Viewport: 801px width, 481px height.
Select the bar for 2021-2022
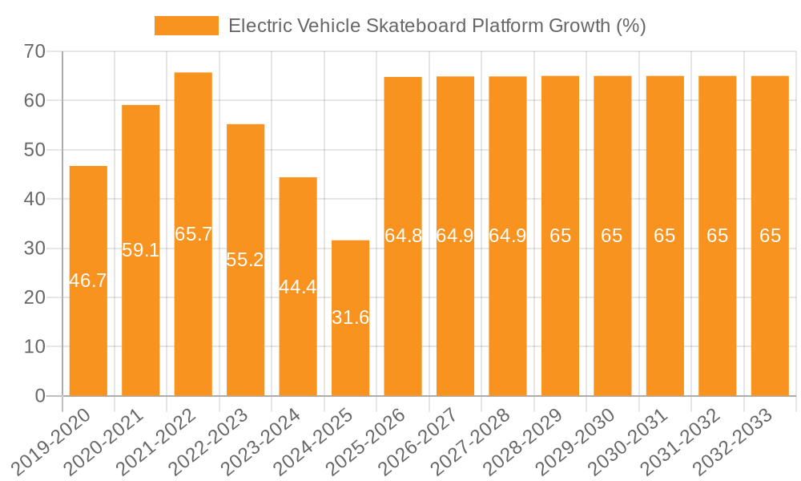[193, 305]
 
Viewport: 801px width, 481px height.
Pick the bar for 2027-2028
[508, 321]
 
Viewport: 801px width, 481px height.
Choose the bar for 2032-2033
[770, 321]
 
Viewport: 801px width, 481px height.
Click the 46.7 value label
[88, 281]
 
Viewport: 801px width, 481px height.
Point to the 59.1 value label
[140, 250]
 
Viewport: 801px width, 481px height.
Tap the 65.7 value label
[193, 234]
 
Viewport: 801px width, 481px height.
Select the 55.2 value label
[245, 260]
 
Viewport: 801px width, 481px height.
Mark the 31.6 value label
[350, 317]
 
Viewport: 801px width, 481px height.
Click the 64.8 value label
[403, 236]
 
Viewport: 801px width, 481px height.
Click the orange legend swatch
[186, 26]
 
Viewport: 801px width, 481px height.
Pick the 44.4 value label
[298, 287]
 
